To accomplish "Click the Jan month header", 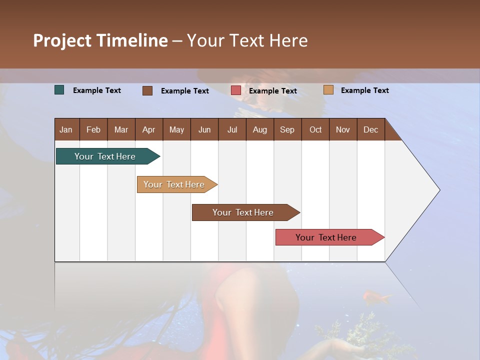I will [x=66, y=129].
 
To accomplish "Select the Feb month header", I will [x=93, y=129].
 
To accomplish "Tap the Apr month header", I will [x=148, y=129].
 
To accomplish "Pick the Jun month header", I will [x=204, y=129].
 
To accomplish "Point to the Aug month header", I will [x=259, y=129].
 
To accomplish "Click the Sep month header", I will [x=287, y=129].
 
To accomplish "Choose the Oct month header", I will [x=315, y=129].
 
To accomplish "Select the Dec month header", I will [x=370, y=129].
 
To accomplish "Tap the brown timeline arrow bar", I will [x=243, y=212].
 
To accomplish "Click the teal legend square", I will [x=59, y=90].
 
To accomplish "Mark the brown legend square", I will [x=147, y=90].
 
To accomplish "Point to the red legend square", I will [x=236, y=90].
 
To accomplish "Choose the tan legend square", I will [x=328, y=90].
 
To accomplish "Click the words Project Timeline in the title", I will [x=100, y=40].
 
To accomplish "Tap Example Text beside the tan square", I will [x=364, y=90].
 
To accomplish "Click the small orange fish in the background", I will [x=376, y=297].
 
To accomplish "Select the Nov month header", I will [x=343, y=129].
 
